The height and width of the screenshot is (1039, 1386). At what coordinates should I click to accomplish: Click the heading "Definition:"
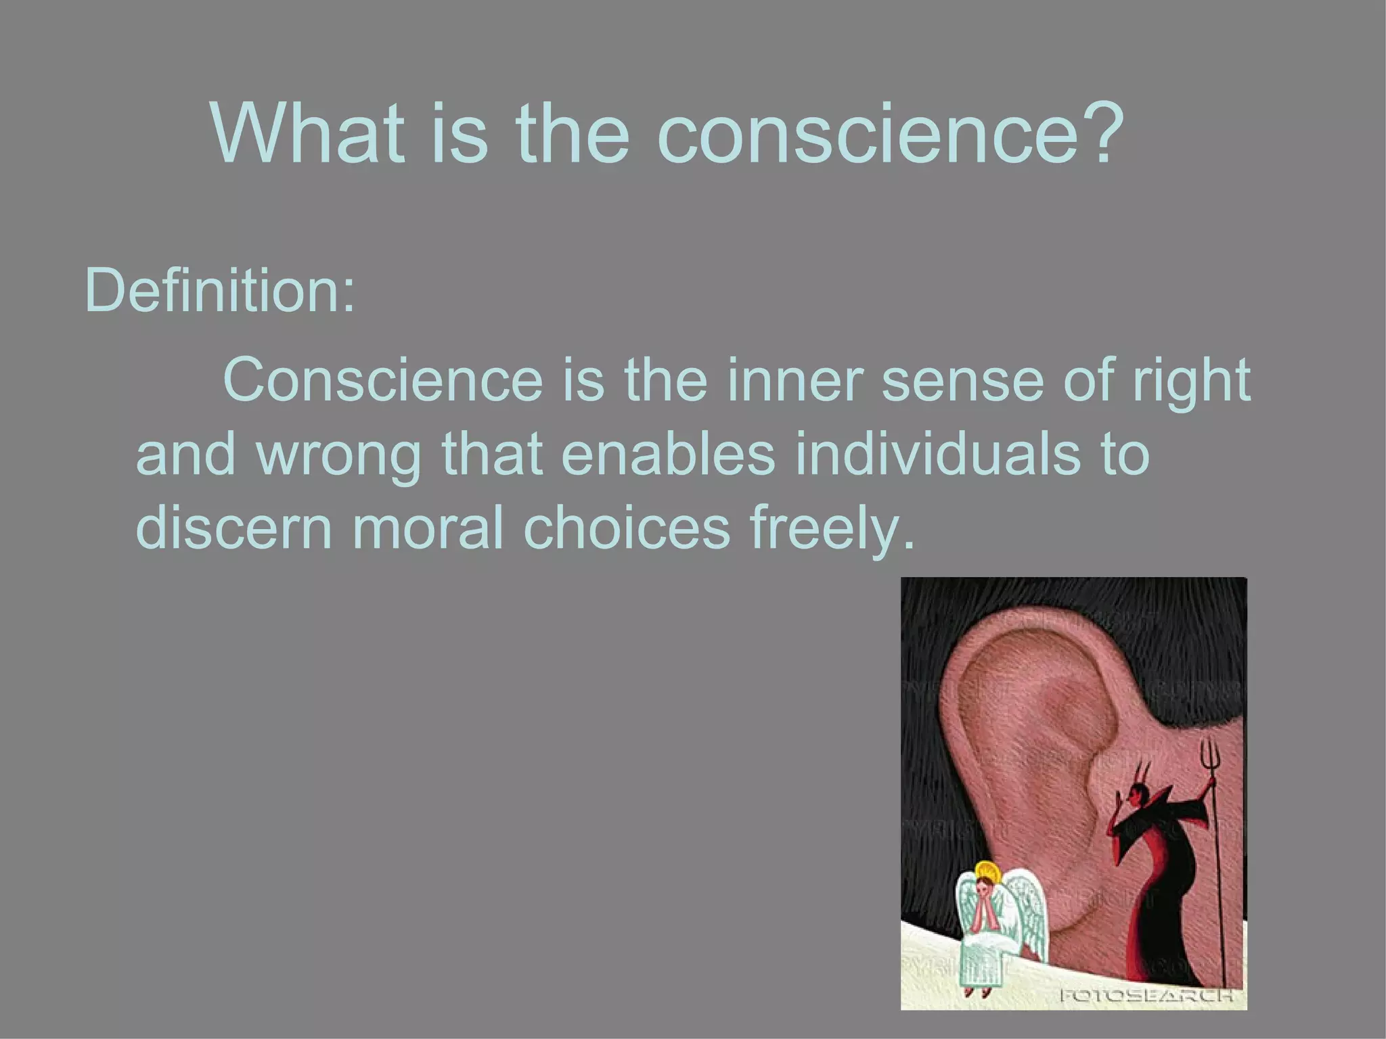click(x=220, y=291)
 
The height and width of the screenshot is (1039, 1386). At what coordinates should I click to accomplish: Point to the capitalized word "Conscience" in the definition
click(x=383, y=379)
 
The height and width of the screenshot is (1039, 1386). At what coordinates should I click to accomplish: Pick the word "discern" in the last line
click(x=234, y=528)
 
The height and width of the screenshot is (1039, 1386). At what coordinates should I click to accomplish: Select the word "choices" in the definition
click(x=627, y=528)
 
